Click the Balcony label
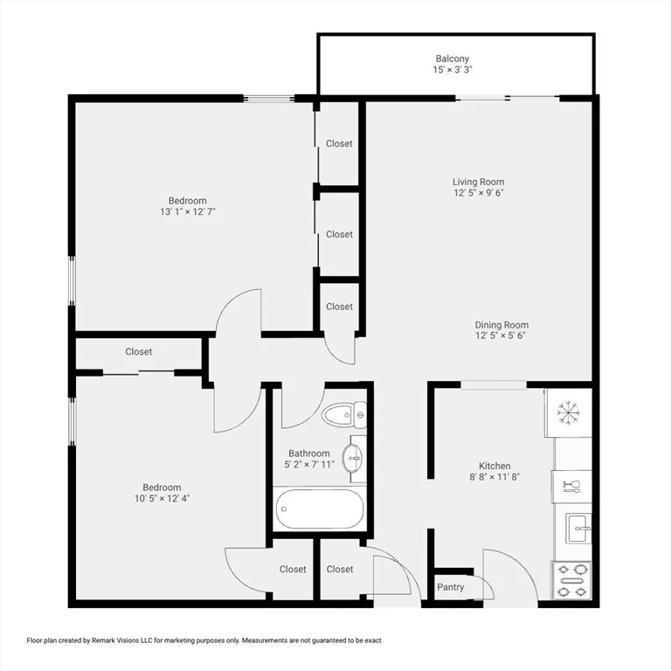[x=453, y=59]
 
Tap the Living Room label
[x=478, y=182]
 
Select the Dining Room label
[x=502, y=325]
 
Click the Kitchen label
[x=494, y=466]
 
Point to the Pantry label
[x=451, y=587]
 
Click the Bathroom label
[x=309, y=453]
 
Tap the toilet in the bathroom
[x=342, y=415]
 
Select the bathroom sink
[x=352, y=456]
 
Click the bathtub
[x=318, y=509]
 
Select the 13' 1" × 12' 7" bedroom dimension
[x=187, y=211]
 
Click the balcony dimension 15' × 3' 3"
[x=453, y=70]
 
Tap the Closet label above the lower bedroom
[x=138, y=352]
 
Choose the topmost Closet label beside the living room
[x=339, y=143]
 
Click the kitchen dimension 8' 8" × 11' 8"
[x=494, y=477]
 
